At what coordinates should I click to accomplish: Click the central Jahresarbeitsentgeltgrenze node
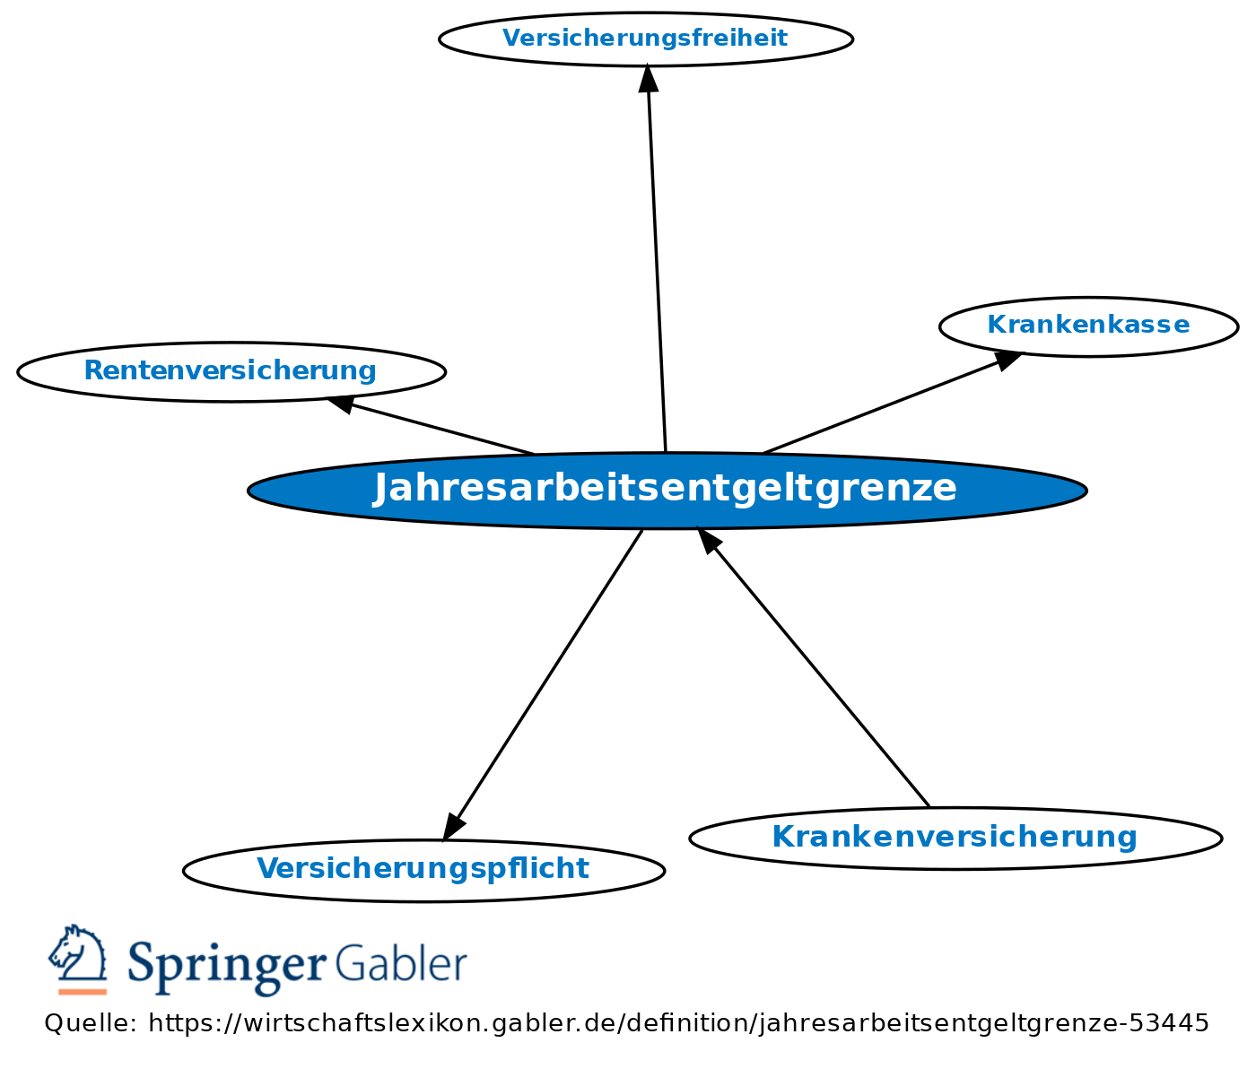tap(667, 490)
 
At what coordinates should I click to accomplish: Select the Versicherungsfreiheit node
tap(645, 39)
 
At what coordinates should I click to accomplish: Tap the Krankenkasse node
tap(1088, 326)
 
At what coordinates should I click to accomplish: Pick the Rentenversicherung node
tap(231, 370)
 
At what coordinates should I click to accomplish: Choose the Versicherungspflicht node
tap(423, 869)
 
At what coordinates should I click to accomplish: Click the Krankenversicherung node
tap(955, 838)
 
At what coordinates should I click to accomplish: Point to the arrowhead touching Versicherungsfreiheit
tap(648, 77)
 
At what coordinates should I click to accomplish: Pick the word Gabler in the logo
tap(401, 964)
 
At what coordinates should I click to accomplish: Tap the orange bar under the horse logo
tap(83, 991)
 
